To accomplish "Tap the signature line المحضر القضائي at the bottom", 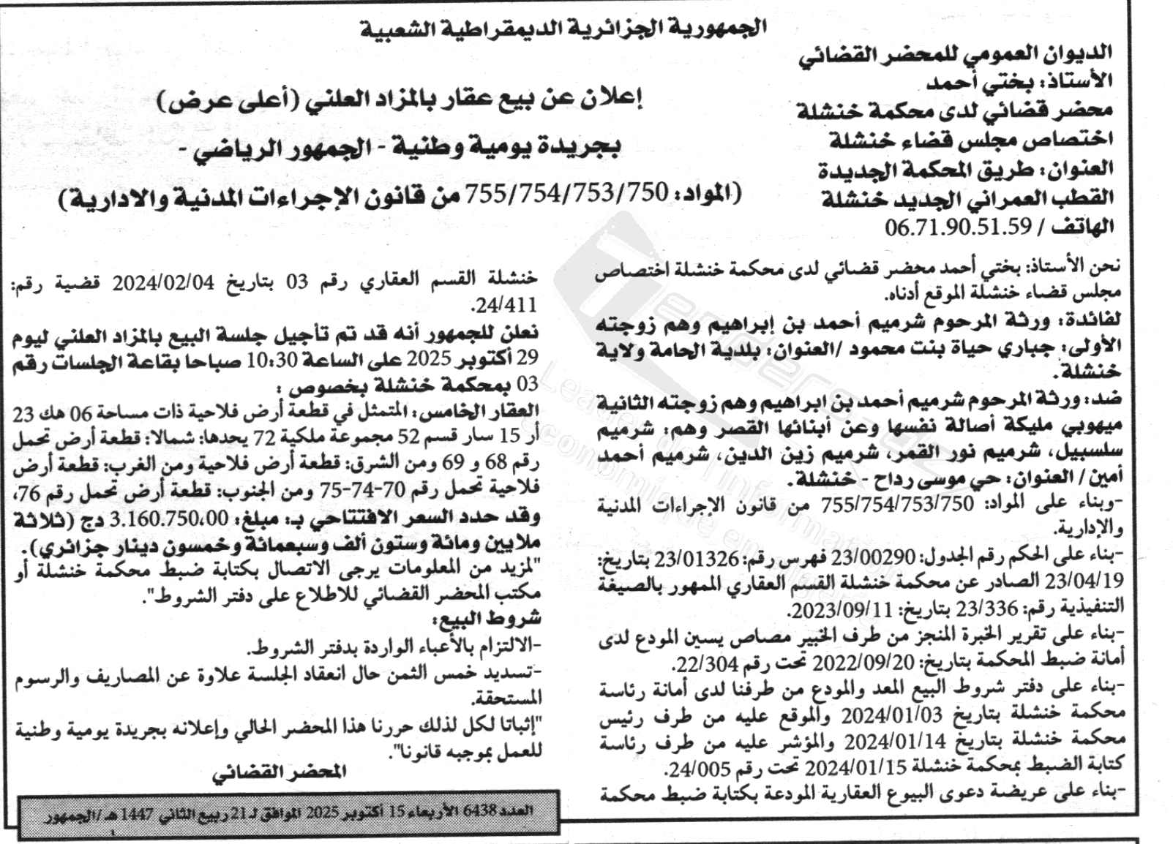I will [x=279, y=772].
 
